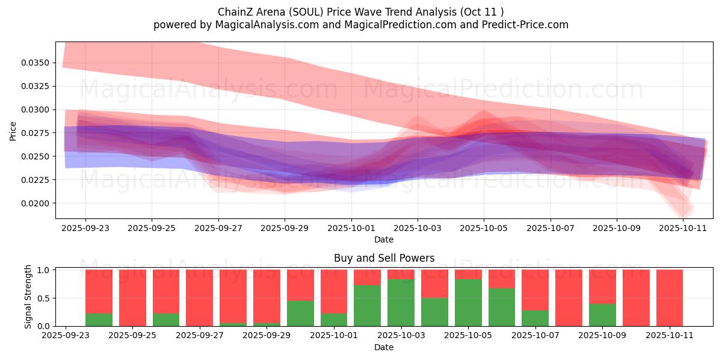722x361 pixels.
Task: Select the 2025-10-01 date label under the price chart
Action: click(351, 229)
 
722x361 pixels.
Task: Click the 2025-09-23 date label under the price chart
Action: click(85, 229)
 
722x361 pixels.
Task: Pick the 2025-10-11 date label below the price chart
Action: click(682, 229)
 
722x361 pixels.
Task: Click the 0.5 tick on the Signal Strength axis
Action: click(45, 298)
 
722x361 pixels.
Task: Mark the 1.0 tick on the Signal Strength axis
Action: click(45, 270)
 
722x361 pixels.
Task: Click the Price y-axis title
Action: click(13, 131)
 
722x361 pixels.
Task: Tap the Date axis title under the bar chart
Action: click(384, 347)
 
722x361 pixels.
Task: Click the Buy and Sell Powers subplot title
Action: click(384, 258)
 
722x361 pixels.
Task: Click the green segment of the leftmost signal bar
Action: click(99, 319)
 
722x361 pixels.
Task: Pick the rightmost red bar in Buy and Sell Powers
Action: click(670, 298)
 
